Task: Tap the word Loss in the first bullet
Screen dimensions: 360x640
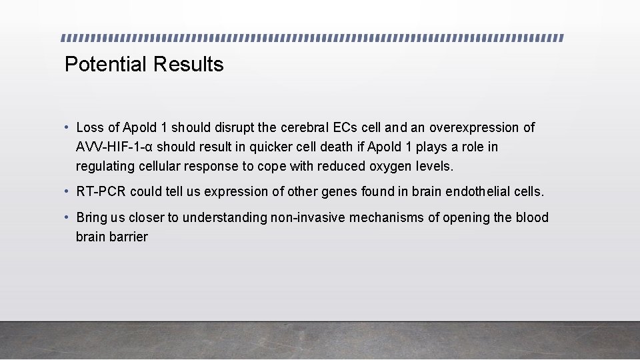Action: [90, 127]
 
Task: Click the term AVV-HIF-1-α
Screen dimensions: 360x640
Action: [116, 147]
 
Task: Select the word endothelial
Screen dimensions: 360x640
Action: [478, 192]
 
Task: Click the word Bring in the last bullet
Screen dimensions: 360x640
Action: [91, 218]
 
